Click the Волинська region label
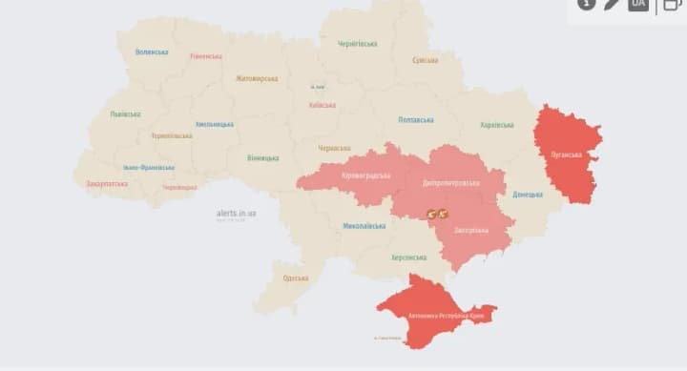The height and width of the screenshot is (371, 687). click(x=152, y=52)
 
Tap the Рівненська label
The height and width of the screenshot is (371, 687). click(x=205, y=56)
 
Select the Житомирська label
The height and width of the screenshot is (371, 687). click(x=257, y=78)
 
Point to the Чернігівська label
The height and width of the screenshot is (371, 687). click(x=358, y=44)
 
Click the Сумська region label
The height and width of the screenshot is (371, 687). click(x=425, y=60)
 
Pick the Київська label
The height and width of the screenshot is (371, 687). click(x=323, y=105)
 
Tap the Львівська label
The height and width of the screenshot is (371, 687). click(x=125, y=114)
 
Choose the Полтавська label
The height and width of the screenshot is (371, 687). click(x=415, y=120)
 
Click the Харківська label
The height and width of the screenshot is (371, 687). click(x=497, y=125)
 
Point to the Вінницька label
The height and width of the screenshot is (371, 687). click(x=262, y=157)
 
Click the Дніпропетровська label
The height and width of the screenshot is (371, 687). click(x=450, y=182)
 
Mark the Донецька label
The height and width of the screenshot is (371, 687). click(x=528, y=195)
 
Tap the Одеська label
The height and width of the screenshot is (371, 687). click(x=296, y=278)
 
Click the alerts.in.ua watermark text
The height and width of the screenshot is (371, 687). click(x=237, y=213)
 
